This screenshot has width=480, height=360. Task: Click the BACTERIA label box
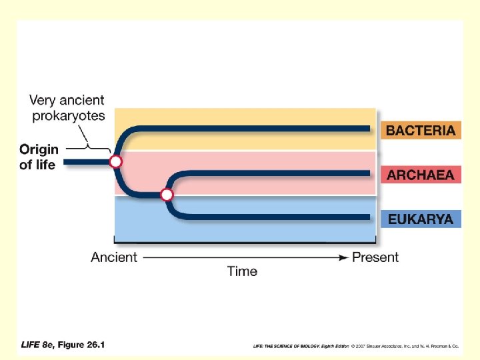click(421, 130)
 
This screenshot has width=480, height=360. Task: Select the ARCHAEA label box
click(421, 175)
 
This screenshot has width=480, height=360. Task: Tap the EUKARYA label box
click(421, 219)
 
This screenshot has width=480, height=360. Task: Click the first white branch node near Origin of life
click(116, 161)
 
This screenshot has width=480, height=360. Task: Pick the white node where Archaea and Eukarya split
click(167, 195)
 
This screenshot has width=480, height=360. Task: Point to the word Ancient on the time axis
click(114, 257)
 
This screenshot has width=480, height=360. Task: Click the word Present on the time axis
click(375, 257)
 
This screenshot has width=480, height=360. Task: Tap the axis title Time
click(242, 271)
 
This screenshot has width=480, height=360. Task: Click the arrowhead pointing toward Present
click(343, 257)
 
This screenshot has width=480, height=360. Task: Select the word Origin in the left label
click(39, 149)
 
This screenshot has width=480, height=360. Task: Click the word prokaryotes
click(69, 115)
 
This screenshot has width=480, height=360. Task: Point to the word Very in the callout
click(43, 101)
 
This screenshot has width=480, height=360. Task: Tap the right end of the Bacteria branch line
click(369, 128)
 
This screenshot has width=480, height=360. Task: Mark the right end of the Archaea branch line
click(369, 173)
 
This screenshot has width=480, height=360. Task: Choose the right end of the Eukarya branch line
click(369, 217)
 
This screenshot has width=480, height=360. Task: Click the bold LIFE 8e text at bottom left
click(37, 345)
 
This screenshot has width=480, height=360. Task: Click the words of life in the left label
click(37, 164)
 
